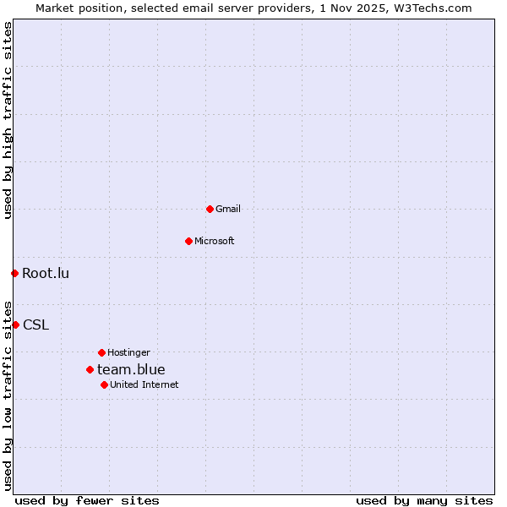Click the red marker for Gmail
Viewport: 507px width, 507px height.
pos(210,209)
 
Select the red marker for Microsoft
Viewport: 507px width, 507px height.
pos(188,241)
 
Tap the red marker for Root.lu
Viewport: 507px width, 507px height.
pos(14,273)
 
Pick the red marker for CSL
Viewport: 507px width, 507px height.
pos(15,324)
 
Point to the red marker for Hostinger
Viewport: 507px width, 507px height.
pos(101,352)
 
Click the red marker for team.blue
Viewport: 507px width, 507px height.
pos(90,369)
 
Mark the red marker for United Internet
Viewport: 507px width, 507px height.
pos(104,384)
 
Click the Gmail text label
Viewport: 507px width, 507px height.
pos(228,209)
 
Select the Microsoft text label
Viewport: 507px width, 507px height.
pos(215,241)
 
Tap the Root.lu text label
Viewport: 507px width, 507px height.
pos(46,273)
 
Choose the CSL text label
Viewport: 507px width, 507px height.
pos(35,324)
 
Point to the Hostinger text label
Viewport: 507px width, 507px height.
pos(128,352)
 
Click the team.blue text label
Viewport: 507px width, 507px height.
pos(131,369)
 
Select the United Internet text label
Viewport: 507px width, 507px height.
pos(144,384)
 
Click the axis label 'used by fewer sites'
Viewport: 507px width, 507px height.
pos(87,500)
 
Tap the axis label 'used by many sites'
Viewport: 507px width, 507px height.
pos(424,500)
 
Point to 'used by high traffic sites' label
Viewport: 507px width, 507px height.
pos(8,120)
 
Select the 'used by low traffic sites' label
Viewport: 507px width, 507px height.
pos(8,395)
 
